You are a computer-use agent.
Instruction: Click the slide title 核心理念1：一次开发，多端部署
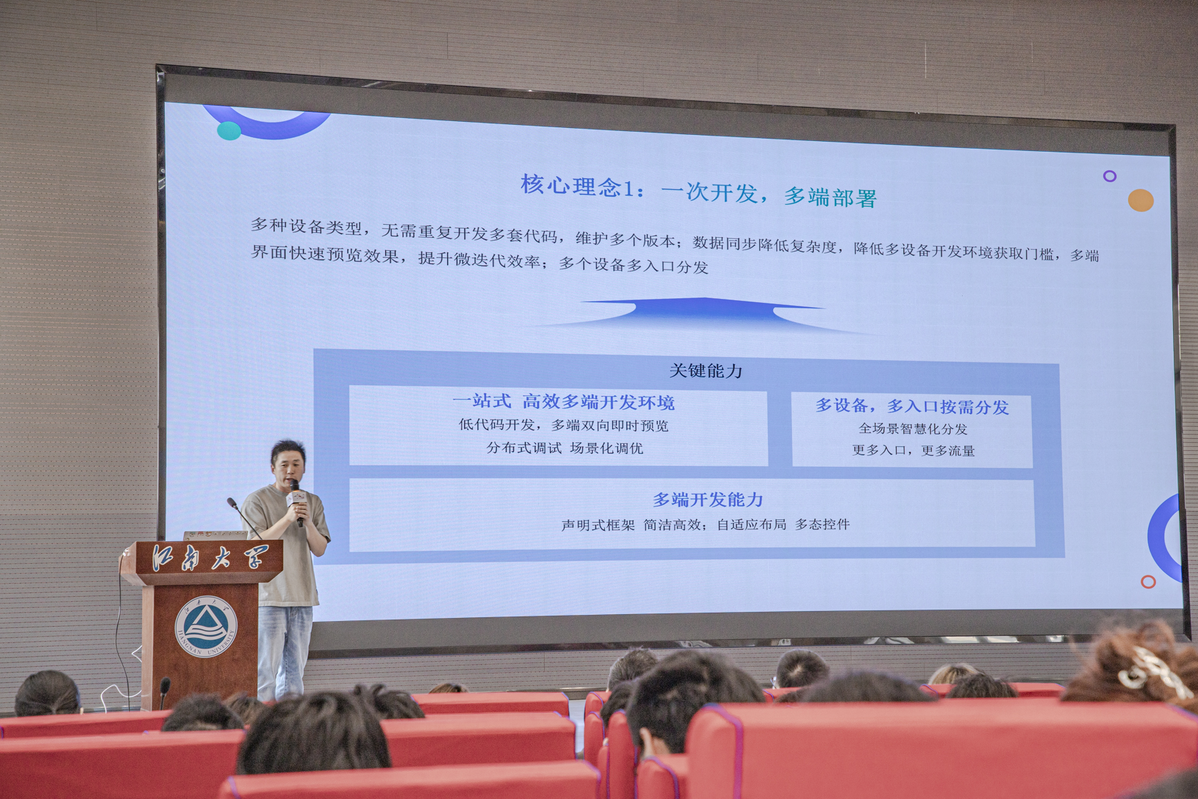point(699,191)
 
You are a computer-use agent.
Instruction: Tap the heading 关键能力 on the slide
point(706,371)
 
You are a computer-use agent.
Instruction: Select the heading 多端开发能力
point(708,499)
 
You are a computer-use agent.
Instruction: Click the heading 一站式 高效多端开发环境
point(563,402)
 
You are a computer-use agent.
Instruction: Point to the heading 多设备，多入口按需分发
point(912,406)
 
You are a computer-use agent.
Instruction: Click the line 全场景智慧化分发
point(913,429)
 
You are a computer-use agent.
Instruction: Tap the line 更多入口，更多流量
point(913,450)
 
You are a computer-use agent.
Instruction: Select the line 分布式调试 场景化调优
point(565,448)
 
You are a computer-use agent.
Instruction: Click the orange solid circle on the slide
point(1141,200)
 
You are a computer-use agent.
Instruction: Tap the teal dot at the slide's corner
point(229,130)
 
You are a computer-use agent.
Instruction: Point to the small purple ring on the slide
point(1109,176)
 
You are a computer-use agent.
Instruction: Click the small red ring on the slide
point(1148,582)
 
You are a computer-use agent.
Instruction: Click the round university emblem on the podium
point(206,627)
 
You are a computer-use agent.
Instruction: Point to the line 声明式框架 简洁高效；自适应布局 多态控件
point(706,524)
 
